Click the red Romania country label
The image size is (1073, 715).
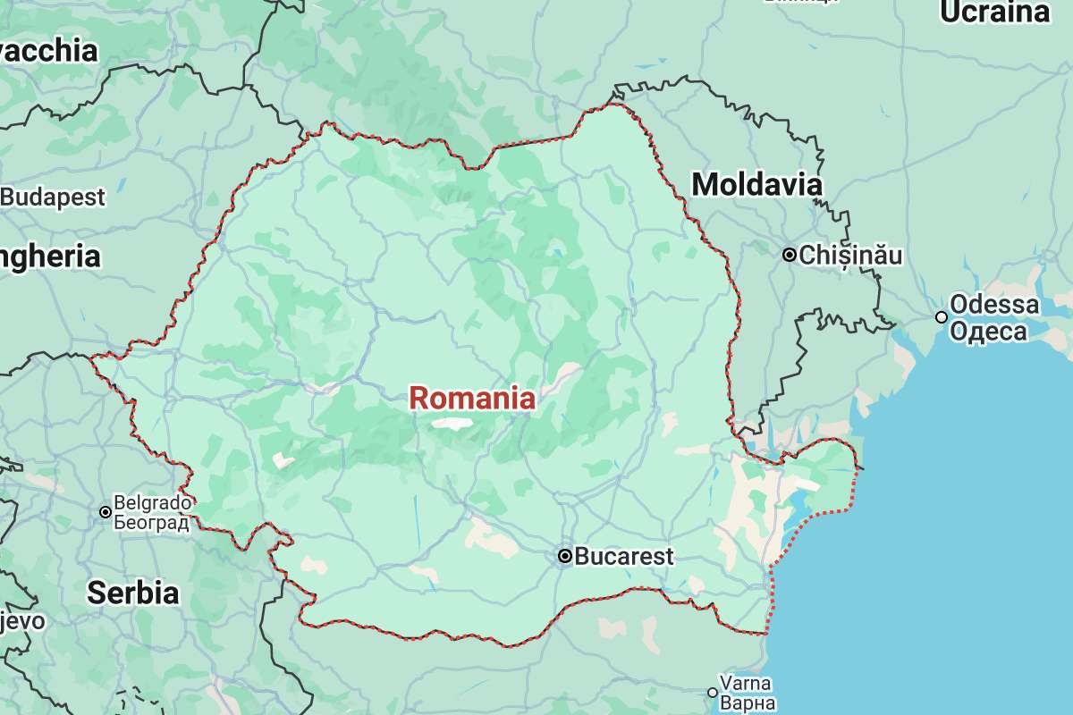[x=473, y=399]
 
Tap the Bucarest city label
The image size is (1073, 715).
[x=623, y=556]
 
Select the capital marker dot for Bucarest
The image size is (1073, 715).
[x=565, y=556]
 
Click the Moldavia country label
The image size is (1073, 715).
[x=757, y=185]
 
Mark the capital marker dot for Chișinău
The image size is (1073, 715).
[x=790, y=256]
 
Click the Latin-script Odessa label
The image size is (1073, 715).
[x=994, y=305]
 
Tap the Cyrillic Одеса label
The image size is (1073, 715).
[x=988, y=332]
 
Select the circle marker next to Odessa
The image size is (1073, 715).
[x=942, y=317]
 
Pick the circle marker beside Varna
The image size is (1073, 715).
[x=713, y=693]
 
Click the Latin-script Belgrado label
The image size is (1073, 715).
[x=153, y=502]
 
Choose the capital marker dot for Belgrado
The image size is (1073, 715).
[x=106, y=512]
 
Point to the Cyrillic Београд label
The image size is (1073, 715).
[x=152, y=522]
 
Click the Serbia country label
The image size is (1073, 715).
[x=133, y=593]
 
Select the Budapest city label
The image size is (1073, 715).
[x=53, y=197]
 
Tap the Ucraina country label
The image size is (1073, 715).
[x=993, y=13]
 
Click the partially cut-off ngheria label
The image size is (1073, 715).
[x=50, y=257]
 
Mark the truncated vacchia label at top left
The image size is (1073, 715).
[x=48, y=51]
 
